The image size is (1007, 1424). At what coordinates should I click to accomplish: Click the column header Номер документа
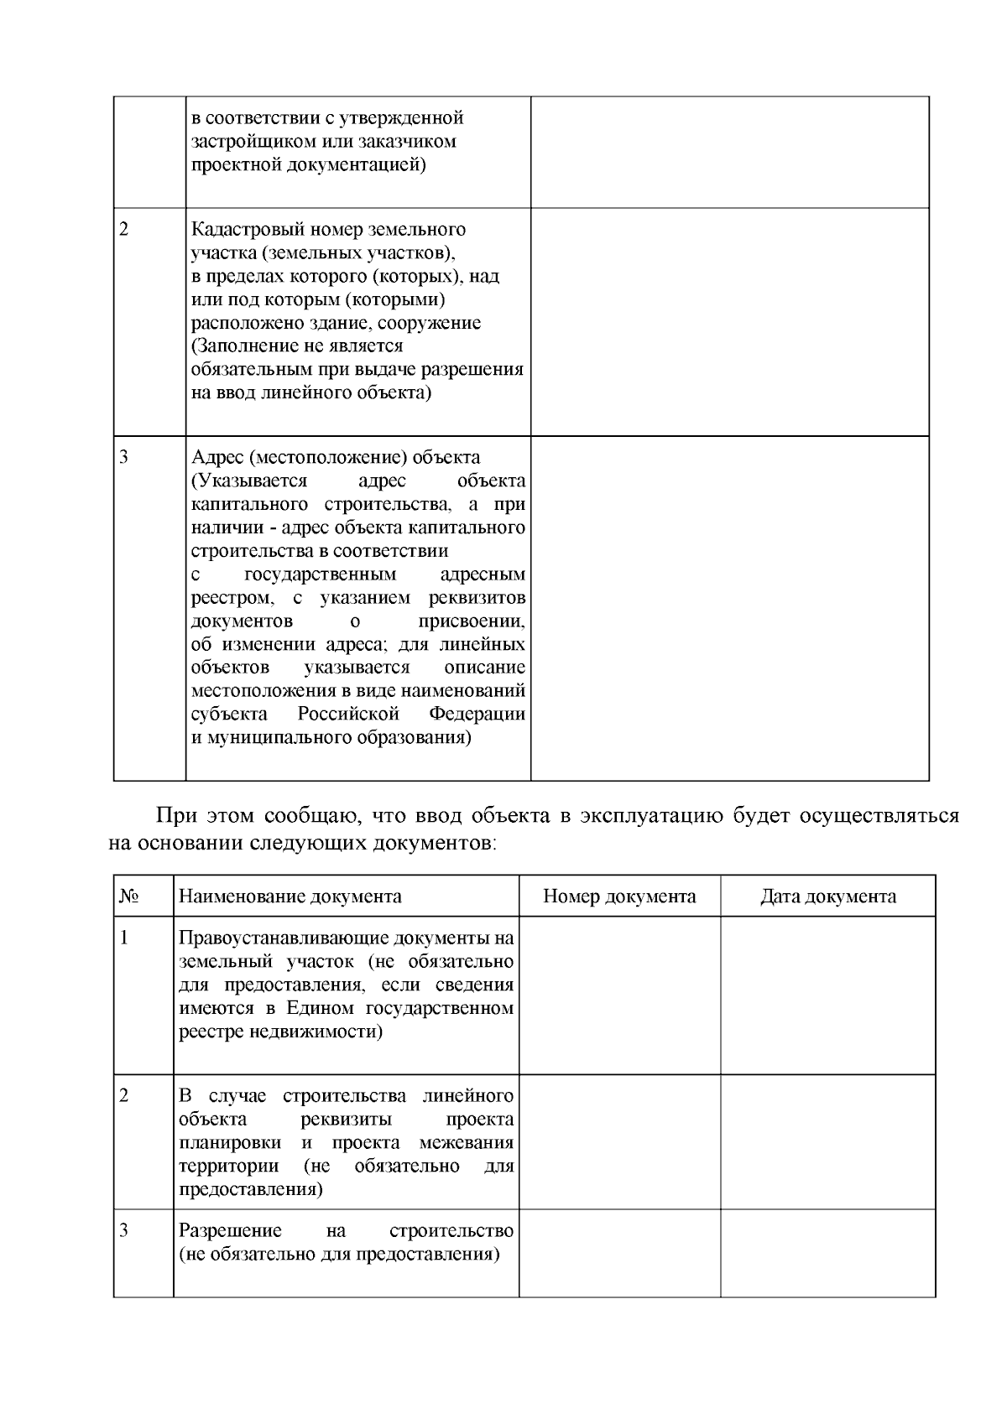(x=619, y=896)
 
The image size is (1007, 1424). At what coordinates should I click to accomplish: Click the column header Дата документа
(x=827, y=896)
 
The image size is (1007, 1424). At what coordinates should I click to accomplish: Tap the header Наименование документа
(x=290, y=896)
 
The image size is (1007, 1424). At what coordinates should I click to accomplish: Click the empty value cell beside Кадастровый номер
(x=729, y=321)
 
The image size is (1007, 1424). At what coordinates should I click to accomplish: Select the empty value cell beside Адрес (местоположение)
(x=729, y=608)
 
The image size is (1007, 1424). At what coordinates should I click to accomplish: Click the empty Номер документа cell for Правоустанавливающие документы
(x=619, y=995)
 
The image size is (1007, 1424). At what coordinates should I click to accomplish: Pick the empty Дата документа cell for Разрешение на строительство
(x=827, y=1253)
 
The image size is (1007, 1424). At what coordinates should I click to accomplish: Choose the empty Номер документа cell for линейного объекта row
(x=619, y=1141)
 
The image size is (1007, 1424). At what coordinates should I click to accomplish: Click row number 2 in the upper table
(x=124, y=230)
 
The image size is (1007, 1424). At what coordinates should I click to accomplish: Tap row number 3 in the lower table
(x=124, y=1231)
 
